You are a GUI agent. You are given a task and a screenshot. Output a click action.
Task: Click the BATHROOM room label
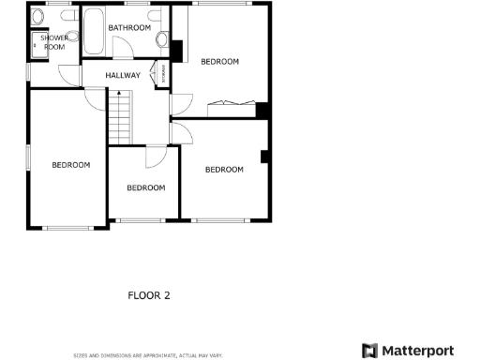tap(129, 28)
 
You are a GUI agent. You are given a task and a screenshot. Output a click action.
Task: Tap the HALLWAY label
tap(123, 76)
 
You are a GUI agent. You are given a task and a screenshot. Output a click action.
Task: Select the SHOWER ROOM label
tap(53, 41)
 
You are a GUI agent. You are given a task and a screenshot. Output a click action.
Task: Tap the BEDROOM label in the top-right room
tap(220, 62)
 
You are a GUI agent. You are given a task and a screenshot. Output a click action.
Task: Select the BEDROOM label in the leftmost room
tap(70, 165)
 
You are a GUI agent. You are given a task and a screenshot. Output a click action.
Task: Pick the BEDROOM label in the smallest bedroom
tap(145, 187)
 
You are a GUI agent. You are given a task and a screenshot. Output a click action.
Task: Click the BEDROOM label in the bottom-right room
tap(224, 170)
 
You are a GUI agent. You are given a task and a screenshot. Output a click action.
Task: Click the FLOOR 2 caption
tap(149, 295)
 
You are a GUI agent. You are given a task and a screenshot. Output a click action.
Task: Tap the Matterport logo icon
tap(369, 350)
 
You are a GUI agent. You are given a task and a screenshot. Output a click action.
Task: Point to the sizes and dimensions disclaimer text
tap(148, 355)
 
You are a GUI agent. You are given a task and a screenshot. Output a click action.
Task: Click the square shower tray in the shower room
tap(38, 43)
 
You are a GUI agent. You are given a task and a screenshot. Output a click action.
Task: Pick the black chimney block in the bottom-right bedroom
tap(265, 156)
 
